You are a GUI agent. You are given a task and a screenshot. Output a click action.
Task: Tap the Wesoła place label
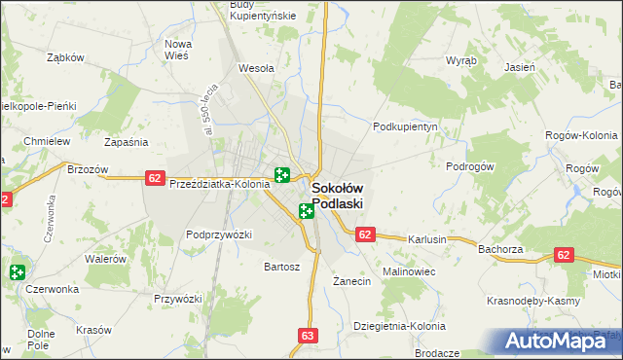[256, 69]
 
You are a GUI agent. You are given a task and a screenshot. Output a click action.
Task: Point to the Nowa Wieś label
[177, 50]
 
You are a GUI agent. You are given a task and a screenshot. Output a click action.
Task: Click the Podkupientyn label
[408, 126]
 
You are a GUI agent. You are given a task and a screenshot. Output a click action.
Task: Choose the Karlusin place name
[427, 239]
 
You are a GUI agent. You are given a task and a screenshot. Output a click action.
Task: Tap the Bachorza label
[502, 249]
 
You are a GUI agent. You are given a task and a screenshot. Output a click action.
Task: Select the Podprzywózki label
[219, 234]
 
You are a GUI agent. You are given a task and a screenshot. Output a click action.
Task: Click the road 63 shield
[309, 336]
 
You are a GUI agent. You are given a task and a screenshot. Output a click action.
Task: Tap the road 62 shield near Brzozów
[154, 177]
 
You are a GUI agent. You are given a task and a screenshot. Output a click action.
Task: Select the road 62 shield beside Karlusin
[365, 234]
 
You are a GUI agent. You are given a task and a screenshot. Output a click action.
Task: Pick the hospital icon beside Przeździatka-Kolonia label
[282, 175]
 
